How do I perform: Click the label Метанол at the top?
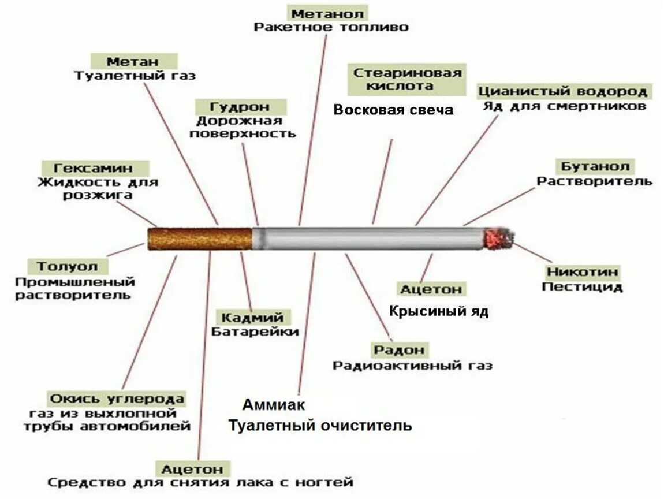coord(327,13)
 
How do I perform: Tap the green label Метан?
coord(133,61)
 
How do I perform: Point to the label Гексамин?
coord(94,168)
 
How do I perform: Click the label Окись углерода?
coord(117,399)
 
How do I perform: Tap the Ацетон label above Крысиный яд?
coord(431,288)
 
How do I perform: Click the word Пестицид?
coord(582,286)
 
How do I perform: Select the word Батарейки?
coord(255,332)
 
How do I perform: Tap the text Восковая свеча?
coord(394,110)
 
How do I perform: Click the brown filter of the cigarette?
coord(200,239)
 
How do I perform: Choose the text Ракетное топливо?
coord(331,27)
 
